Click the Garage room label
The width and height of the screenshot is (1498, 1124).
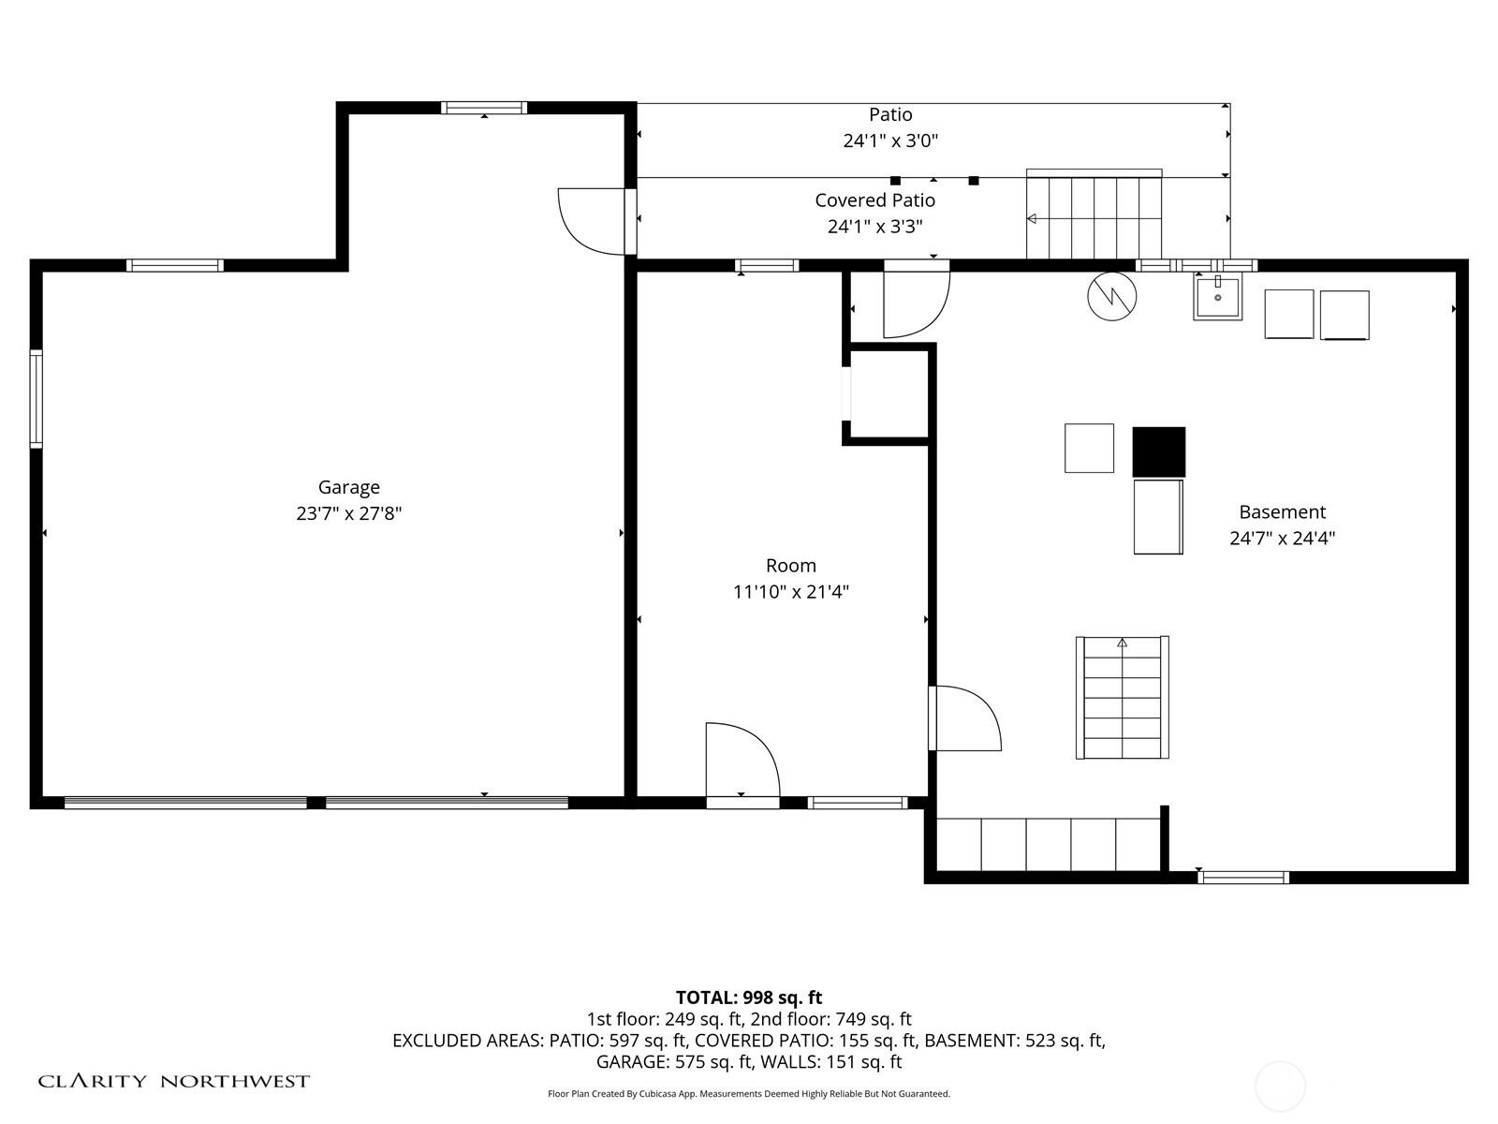[x=348, y=487]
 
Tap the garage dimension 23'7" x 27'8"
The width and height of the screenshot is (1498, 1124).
[x=348, y=513]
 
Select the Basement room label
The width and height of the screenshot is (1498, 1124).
[x=1283, y=511]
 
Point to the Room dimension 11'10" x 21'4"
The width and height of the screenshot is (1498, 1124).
[x=791, y=591]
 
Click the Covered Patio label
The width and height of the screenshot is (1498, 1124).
[x=874, y=200]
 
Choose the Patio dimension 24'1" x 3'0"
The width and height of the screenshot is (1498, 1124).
[x=890, y=140]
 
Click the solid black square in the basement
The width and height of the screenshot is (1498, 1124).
[x=1159, y=451]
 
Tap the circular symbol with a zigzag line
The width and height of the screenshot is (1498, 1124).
[x=1111, y=296]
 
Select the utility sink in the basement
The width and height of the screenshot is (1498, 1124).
[x=1217, y=296]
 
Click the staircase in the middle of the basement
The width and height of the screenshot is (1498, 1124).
[x=1123, y=698]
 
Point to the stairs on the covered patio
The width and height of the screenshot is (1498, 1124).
[x=1094, y=214]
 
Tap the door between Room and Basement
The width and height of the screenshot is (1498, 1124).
[x=964, y=717]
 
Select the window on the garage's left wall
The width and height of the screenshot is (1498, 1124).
[x=37, y=399]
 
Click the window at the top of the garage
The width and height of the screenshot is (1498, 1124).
[x=484, y=108]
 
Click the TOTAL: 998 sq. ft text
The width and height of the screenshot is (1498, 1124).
[x=749, y=998]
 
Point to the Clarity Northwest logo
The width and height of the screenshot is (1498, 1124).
[x=173, y=1081]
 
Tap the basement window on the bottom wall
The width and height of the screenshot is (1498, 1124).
[x=1243, y=878]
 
